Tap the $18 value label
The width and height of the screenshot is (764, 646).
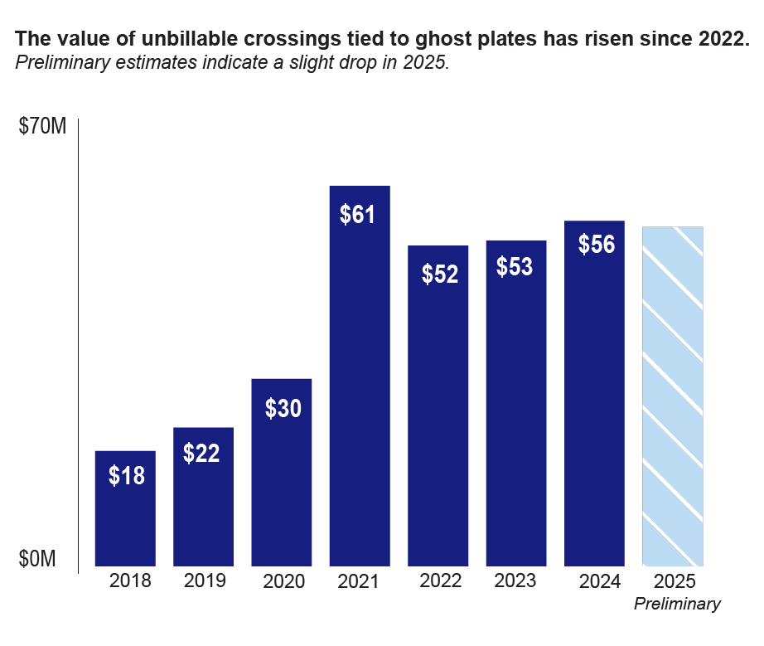click(x=127, y=476)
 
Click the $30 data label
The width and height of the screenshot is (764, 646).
click(x=283, y=409)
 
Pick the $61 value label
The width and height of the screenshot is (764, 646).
click(x=358, y=215)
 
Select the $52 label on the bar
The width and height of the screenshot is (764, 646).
click(x=439, y=274)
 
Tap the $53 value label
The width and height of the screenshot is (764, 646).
click(x=515, y=268)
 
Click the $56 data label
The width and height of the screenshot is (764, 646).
click(x=596, y=245)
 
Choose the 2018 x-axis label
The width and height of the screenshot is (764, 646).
click(x=130, y=580)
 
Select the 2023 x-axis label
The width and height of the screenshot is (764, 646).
click(x=515, y=580)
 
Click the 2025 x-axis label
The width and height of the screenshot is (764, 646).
click(x=674, y=580)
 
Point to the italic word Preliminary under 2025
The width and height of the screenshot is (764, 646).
click(x=677, y=605)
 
